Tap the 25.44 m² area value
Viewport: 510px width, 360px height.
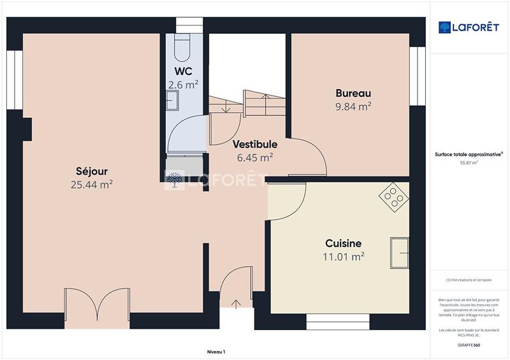[92, 185]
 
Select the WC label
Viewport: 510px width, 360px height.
[183, 71]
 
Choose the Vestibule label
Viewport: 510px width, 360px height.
[254, 144]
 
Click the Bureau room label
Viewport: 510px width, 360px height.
[353, 93]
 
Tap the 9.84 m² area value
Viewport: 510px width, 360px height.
[353, 106]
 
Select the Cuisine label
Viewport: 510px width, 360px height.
[343, 243]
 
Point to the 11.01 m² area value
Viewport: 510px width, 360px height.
[343, 256]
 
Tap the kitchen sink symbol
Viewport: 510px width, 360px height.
[400, 253]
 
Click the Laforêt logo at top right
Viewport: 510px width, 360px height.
[469, 27]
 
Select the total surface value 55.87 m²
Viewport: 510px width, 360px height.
[469, 162]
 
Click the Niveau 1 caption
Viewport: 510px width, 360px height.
[216, 351]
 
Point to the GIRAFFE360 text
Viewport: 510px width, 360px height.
[469, 345]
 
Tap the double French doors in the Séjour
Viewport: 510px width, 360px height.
[97, 305]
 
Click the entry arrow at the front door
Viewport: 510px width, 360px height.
[237, 304]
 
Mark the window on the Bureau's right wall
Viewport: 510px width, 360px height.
[418, 76]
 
